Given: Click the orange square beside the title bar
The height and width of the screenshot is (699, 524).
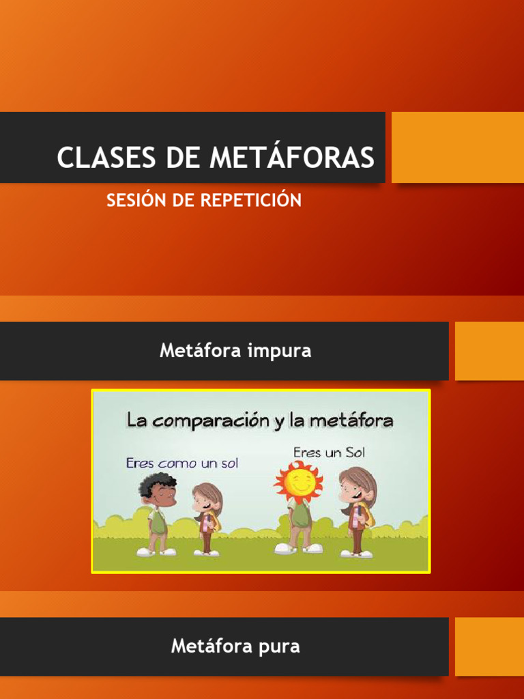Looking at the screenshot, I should click(x=457, y=147).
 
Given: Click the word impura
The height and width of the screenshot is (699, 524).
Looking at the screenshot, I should click(x=280, y=351).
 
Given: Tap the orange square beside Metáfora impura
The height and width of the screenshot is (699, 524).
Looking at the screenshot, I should click(x=489, y=351).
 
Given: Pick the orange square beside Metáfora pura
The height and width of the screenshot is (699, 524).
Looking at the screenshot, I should click(x=489, y=646).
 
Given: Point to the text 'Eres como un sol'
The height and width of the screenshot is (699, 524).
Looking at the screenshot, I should click(x=181, y=463).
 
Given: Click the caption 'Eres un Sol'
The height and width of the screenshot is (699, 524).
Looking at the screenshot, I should click(x=329, y=453).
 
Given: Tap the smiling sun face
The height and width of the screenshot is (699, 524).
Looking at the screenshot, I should click(x=298, y=482).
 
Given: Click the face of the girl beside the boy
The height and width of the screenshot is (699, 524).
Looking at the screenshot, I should click(x=203, y=499).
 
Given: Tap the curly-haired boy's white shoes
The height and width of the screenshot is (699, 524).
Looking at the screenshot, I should click(x=156, y=552).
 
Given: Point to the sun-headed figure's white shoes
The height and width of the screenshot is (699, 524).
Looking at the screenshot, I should click(x=298, y=548).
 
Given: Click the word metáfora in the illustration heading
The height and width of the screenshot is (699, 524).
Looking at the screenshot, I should click(x=351, y=420).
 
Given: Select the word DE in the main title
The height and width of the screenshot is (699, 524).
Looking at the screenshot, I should click(x=183, y=158).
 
